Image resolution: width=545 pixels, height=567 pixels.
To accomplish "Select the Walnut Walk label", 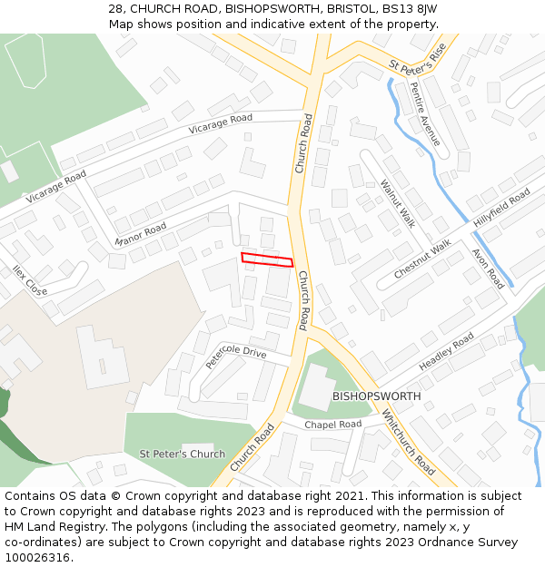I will tap(397, 203).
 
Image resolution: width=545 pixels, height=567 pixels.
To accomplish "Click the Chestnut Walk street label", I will tap(421, 259).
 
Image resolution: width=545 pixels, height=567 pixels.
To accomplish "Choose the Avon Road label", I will tap(487, 269).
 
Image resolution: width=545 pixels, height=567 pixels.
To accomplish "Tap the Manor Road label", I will tap(142, 234).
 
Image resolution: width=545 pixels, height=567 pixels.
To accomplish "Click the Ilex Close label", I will tap(30, 280).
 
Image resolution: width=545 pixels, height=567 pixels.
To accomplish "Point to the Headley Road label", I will tap(446, 352).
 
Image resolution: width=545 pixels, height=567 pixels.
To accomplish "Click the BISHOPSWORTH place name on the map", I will tap(376, 396).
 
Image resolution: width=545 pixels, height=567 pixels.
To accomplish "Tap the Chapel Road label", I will tap(332, 425).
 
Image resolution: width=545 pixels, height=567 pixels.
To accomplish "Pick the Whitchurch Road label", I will tap(409, 442).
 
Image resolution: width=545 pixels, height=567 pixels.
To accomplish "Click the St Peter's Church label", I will tap(182, 454).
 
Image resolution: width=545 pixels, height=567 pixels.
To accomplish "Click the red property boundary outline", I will tap(267, 260).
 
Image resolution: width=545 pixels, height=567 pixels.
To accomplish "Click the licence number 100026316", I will tap(37, 558).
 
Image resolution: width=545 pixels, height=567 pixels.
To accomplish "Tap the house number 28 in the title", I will tap(116, 8).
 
